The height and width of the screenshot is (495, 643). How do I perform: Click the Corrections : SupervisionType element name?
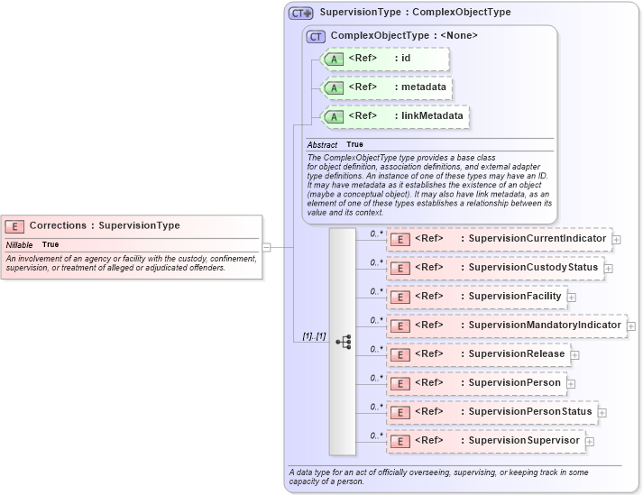coord(105,225)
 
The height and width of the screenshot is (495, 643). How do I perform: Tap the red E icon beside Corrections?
coord(14,226)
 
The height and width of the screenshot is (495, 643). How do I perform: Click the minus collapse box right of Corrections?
coord(267,246)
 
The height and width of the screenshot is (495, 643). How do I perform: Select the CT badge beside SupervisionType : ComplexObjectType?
coord(300,14)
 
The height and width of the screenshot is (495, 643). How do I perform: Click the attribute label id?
coord(406,59)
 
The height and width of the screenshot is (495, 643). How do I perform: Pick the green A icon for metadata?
coord(334,87)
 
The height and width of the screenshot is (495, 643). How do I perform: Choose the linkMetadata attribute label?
coord(432,116)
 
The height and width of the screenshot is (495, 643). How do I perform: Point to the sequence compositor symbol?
coord(343,342)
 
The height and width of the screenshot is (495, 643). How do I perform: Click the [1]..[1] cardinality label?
coord(314,336)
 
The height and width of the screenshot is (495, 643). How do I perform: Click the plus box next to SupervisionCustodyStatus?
coord(608,268)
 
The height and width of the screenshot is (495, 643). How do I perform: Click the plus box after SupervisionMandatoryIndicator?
coord(631,325)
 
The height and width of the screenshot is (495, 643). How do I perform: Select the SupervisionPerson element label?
coord(514,383)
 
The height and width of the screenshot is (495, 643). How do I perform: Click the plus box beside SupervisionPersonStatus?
coord(602,412)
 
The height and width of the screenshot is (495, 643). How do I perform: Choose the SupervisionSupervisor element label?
coord(524,441)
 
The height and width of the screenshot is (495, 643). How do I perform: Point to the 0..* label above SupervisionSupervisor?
coord(377,435)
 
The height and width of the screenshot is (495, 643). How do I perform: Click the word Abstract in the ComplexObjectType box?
coord(322,144)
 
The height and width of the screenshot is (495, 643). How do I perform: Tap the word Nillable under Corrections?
coord(19,244)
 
